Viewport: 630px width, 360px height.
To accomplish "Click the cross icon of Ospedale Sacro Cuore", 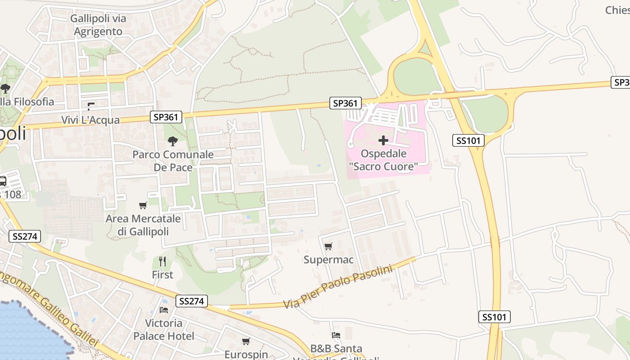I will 383,141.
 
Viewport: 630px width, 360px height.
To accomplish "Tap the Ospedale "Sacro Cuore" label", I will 383,160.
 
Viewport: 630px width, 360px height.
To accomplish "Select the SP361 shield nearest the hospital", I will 345,103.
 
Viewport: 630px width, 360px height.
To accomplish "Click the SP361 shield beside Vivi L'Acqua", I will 166,117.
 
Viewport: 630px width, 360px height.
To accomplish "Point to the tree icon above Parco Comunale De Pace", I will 172,141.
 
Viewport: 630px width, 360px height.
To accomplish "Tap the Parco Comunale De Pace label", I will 173,161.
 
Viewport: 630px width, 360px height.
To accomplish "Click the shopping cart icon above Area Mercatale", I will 143,206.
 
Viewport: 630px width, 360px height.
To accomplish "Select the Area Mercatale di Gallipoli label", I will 143,225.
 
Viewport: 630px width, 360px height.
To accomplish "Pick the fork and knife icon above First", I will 162,261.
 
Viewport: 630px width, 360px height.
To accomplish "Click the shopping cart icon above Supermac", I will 328,246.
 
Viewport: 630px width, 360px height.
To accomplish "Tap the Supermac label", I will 328,260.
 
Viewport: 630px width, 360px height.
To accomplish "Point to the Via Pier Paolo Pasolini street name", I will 338,287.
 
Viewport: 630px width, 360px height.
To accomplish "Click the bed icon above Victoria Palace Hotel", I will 164,310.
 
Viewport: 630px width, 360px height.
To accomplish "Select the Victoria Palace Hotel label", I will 164,329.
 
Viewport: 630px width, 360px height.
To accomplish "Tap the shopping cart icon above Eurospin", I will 246,341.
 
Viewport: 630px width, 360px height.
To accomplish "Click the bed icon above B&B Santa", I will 336,335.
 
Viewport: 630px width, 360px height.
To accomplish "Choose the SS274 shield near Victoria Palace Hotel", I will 192,301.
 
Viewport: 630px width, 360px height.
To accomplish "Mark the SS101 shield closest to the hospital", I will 468,141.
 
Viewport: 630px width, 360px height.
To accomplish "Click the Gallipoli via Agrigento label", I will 98,25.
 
